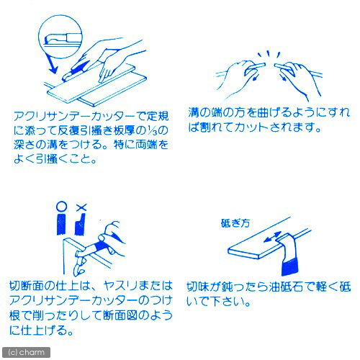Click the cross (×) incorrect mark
click(81, 207)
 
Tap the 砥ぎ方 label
click(235, 223)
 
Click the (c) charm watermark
click(26, 352)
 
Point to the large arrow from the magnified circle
click(52, 64)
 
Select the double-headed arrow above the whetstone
click(272, 237)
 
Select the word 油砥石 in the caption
click(286, 287)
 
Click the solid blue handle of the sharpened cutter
click(289, 267)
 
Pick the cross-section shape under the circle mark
click(61, 224)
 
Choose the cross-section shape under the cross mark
click(80, 224)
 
